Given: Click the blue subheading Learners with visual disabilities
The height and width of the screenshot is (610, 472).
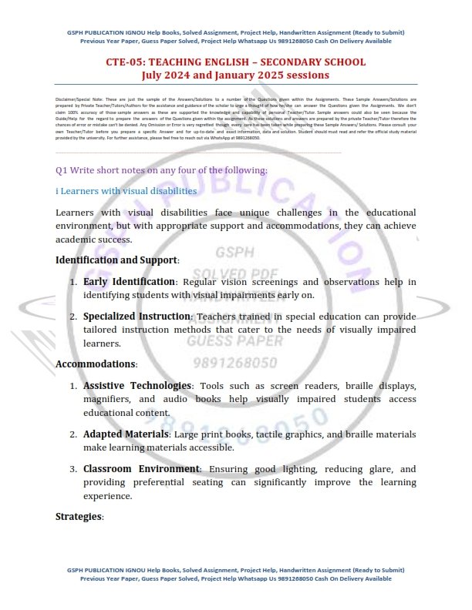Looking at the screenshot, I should point(130,190).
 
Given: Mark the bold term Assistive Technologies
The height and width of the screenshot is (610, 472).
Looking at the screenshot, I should point(137,385).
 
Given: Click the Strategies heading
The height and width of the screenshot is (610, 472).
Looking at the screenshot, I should point(79,516).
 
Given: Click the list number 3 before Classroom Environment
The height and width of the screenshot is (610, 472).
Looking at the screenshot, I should point(72,469).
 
